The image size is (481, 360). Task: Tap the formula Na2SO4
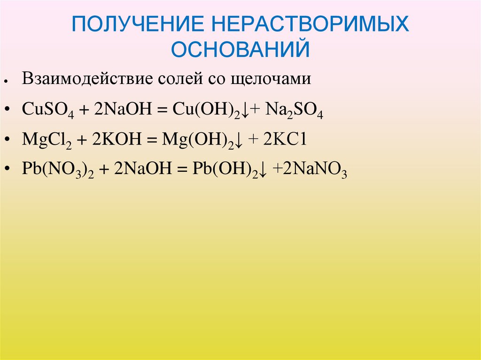[x=294, y=110]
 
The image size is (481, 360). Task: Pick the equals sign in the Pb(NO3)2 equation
[x=178, y=170]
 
